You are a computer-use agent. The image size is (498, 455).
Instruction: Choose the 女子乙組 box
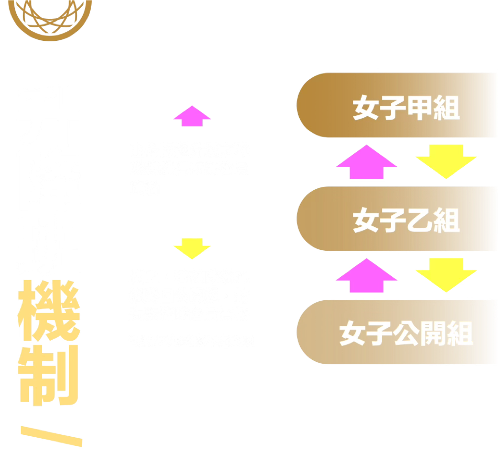coord(397,221)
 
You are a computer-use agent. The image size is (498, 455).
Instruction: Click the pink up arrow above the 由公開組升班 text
coord(192,123)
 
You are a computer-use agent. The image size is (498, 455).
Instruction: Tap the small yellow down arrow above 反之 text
coord(192,250)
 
